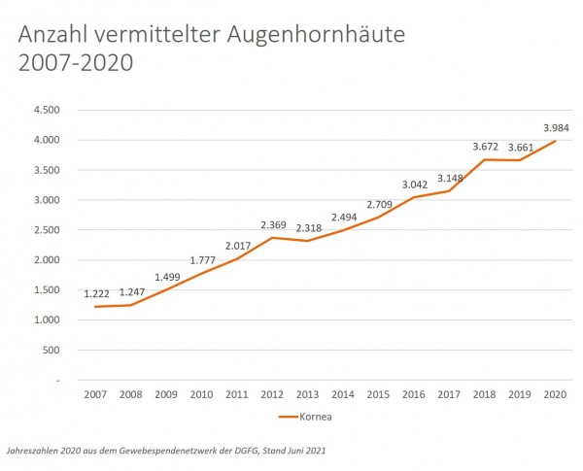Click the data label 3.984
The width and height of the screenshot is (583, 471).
tap(556, 128)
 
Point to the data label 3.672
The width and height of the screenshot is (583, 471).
tap(484, 147)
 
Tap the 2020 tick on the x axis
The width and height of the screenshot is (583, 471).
tap(556, 394)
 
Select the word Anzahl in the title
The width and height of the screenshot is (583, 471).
tap(55, 36)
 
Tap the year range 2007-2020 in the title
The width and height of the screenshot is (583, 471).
tap(75, 65)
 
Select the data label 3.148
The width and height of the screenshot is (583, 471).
tap(449, 178)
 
